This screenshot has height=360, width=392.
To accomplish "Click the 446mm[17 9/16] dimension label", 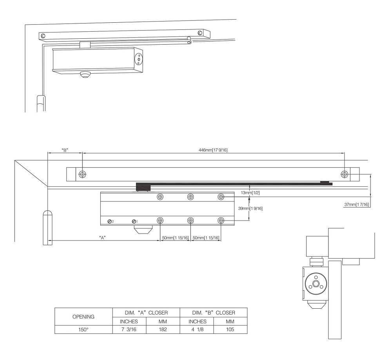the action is (x=213, y=150).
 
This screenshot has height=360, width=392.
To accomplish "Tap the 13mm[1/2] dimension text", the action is (x=250, y=193).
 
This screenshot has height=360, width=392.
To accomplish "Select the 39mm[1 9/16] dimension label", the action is (x=250, y=208).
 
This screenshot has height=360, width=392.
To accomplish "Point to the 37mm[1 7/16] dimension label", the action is (x=356, y=204).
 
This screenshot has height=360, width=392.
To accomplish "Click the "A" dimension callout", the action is (x=102, y=238).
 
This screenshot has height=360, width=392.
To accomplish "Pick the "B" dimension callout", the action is (x=65, y=150).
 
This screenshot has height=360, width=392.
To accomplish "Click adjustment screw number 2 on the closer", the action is (x=109, y=221).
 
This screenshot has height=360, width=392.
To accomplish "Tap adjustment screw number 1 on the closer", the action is (x=134, y=221).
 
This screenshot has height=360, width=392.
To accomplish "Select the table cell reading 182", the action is (x=163, y=329).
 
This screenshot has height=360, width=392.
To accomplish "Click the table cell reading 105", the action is (x=230, y=329).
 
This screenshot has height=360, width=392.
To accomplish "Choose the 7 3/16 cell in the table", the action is (x=129, y=329).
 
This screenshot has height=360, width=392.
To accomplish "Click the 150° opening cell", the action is (x=83, y=329).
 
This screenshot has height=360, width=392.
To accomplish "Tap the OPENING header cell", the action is (x=83, y=317).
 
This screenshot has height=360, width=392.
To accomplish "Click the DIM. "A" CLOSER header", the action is (x=146, y=313).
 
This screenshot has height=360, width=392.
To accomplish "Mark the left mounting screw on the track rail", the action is (x=82, y=174).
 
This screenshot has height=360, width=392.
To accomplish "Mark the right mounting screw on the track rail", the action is (x=345, y=174).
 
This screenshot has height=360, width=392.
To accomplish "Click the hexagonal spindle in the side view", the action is (x=316, y=284).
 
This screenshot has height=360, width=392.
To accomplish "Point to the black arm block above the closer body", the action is (x=143, y=187).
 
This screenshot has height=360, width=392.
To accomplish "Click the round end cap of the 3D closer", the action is (x=138, y=59).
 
